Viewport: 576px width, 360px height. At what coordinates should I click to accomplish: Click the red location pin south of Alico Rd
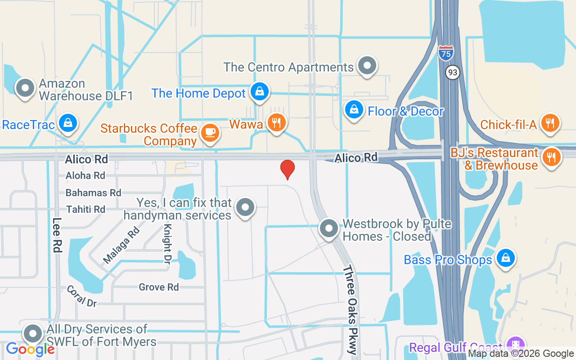tap(288, 170)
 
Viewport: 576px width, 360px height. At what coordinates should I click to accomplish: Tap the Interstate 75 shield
tap(445, 53)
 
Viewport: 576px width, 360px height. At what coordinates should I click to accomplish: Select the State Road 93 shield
tap(453, 72)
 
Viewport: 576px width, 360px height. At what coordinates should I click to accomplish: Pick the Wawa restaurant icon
tap(276, 122)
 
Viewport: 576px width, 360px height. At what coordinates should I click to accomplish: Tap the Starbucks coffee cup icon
tap(210, 132)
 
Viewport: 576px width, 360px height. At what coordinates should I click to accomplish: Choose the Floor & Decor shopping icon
tap(354, 109)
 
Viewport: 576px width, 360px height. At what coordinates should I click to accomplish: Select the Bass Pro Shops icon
tap(506, 258)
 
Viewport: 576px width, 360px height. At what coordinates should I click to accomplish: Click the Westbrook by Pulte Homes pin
tap(329, 228)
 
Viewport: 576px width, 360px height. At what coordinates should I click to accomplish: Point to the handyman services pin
tap(245, 207)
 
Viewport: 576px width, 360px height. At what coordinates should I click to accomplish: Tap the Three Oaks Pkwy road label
tap(351, 310)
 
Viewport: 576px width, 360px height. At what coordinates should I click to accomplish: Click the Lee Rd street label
tap(57, 235)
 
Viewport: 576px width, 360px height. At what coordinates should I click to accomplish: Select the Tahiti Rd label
tap(85, 209)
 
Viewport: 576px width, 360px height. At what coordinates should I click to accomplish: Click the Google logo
tap(30, 349)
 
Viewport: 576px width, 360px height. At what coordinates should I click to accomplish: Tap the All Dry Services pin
tap(32, 333)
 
